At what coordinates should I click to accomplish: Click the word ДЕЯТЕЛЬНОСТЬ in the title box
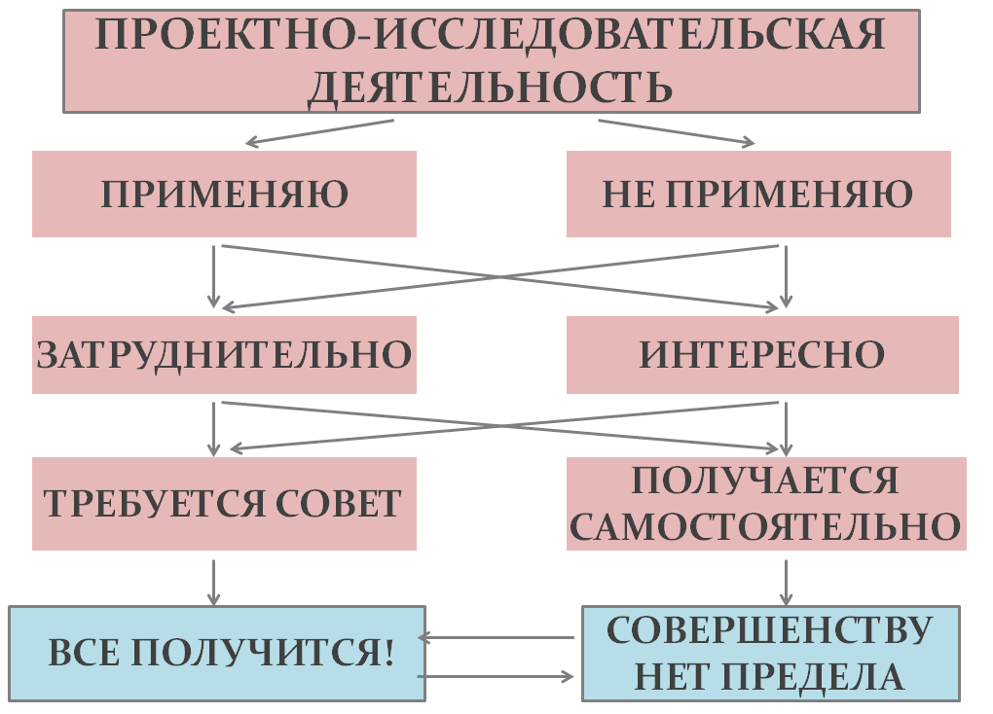tap(491, 87)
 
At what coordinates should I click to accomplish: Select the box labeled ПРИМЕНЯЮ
tap(224, 195)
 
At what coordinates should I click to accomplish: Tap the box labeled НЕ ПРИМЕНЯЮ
tap(757, 195)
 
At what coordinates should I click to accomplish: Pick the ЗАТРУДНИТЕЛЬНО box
tap(224, 355)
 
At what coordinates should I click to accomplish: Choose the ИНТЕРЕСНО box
tap(761, 355)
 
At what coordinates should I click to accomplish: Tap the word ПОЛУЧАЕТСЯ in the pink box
tap(764, 481)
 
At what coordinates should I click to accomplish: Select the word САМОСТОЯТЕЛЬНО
tap(765, 527)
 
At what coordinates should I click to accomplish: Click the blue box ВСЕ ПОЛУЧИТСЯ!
tap(217, 654)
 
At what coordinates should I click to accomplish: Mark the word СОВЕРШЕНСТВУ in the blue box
tap(769, 629)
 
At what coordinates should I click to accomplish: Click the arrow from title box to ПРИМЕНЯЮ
tap(321, 132)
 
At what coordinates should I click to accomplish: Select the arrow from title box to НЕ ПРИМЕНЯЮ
tap(676, 132)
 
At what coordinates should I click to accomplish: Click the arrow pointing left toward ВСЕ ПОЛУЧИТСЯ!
tap(496, 638)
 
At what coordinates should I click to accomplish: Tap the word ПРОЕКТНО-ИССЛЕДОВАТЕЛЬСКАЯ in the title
tap(491, 36)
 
